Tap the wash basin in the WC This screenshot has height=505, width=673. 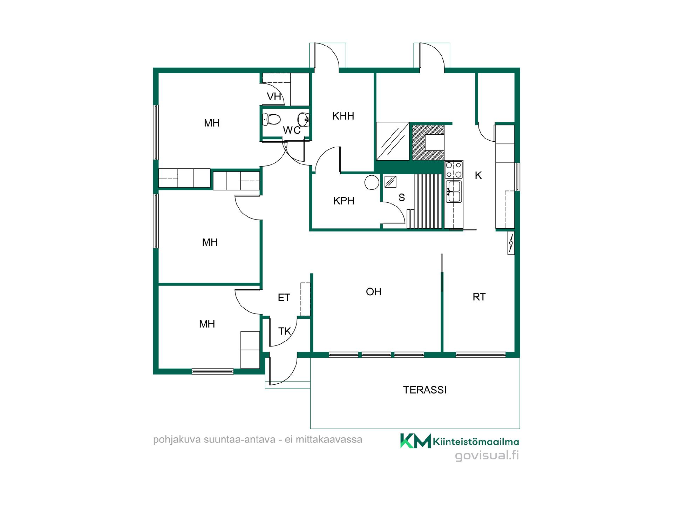[x=304, y=119]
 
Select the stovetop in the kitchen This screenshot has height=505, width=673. [x=454, y=170]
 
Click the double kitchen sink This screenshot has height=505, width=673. [x=454, y=191]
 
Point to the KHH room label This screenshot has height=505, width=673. [x=343, y=116]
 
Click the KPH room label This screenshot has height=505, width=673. [x=344, y=201]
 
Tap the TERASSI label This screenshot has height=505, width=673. [x=425, y=390]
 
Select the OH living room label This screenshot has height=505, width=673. [x=374, y=292]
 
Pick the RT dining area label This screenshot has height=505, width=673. [x=479, y=297]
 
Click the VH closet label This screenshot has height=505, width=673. [x=274, y=96]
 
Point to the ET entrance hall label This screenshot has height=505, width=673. [x=284, y=298]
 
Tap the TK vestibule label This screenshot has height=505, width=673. [x=285, y=331]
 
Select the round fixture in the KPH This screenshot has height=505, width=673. [x=372, y=183]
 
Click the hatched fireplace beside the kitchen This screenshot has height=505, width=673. [x=428, y=142]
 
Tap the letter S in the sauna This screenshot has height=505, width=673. [x=402, y=198]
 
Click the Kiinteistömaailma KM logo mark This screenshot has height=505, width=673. [x=416, y=441]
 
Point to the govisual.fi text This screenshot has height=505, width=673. [x=487, y=456]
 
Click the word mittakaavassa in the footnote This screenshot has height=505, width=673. [x=329, y=440]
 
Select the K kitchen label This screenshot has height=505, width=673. [x=478, y=176]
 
